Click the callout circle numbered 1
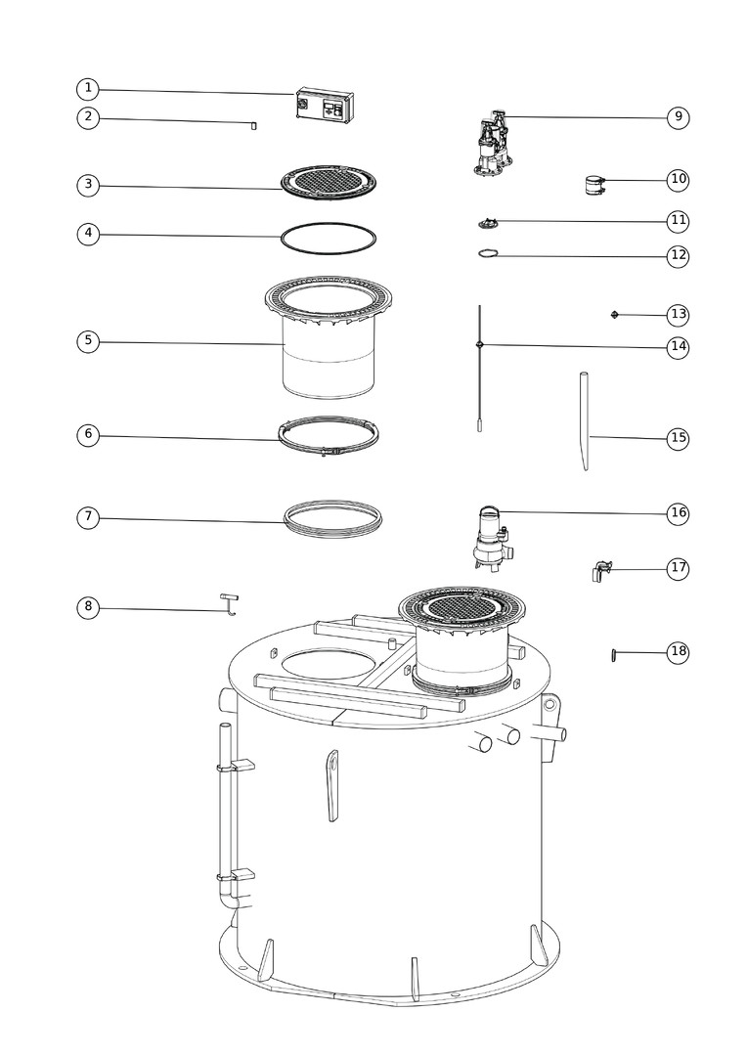(x=88, y=89)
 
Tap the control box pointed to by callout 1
(x=326, y=105)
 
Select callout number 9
(x=679, y=117)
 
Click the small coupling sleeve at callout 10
(x=594, y=185)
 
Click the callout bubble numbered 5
(x=88, y=341)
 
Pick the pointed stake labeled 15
(x=585, y=420)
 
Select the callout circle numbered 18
(x=679, y=652)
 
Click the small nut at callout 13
(x=614, y=315)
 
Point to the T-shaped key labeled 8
(x=229, y=604)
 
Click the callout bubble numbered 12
(x=679, y=255)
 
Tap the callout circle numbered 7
(x=88, y=518)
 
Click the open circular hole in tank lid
(x=328, y=664)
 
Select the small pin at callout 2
(x=253, y=125)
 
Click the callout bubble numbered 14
(x=679, y=347)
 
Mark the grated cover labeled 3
(x=328, y=183)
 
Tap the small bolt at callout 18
(x=614, y=654)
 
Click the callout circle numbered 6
(x=88, y=434)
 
